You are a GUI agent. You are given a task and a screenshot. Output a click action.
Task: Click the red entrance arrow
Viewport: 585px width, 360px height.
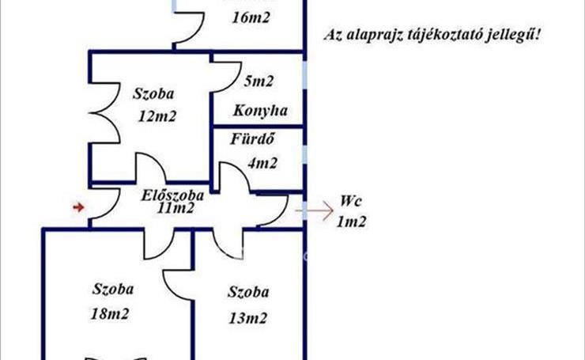[78, 207]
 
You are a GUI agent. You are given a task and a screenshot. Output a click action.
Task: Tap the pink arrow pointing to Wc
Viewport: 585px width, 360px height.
[314, 211]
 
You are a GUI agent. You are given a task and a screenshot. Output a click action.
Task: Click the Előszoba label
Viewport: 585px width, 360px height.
[173, 195]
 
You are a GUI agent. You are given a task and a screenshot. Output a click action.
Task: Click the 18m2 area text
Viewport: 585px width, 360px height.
[111, 313]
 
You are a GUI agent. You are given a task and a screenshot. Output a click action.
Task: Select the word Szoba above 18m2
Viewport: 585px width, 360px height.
[111, 288]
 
